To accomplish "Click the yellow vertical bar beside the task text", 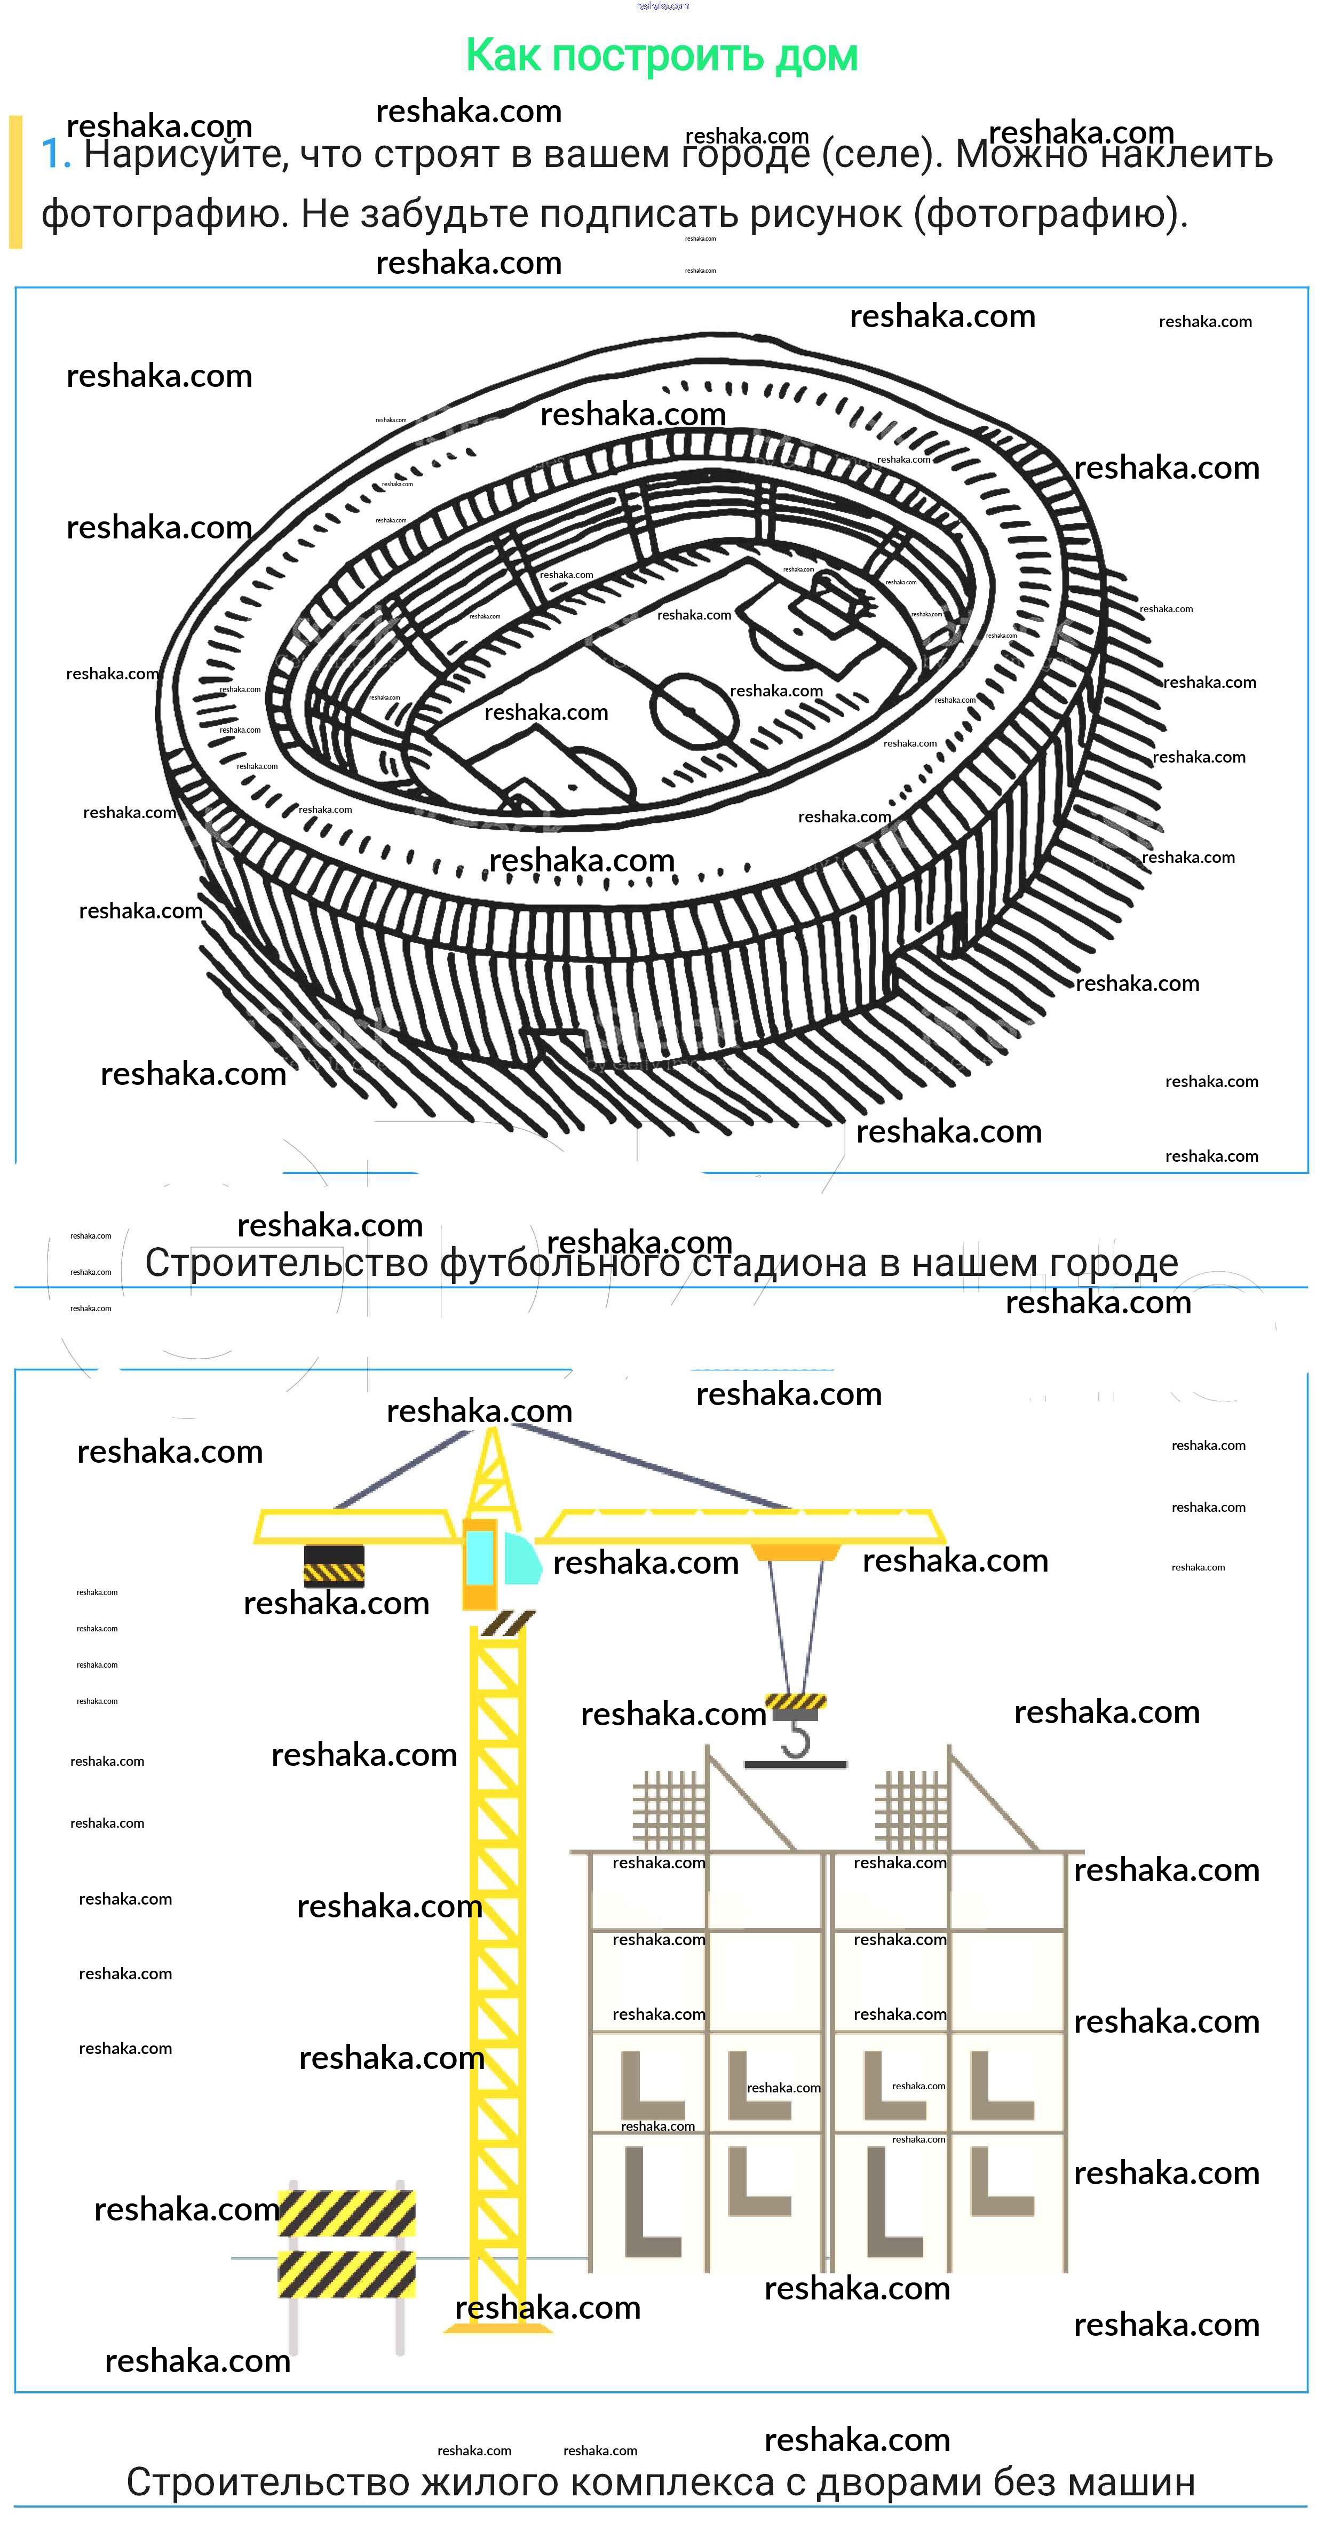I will (x=15, y=182).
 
